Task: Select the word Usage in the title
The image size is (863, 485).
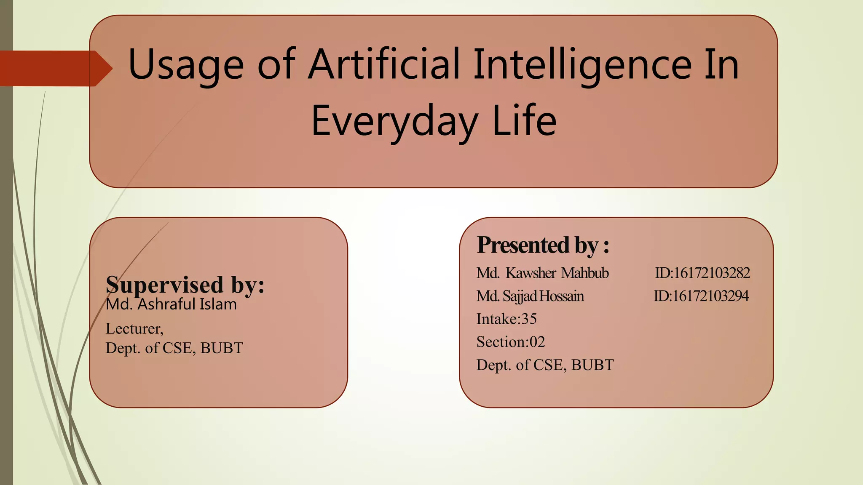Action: click(x=186, y=65)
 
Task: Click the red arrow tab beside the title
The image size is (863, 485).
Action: click(x=55, y=68)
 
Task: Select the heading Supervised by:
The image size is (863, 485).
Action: click(x=185, y=285)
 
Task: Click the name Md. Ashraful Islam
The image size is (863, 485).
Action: click(x=171, y=304)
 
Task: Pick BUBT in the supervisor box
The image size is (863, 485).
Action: click(x=222, y=348)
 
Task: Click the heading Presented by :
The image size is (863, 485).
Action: click(x=543, y=245)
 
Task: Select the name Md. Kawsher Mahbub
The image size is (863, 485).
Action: click(x=542, y=273)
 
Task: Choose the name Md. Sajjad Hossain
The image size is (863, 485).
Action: click(x=530, y=296)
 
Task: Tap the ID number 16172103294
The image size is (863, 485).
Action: click(x=710, y=296)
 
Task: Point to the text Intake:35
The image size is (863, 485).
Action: click(x=507, y=319)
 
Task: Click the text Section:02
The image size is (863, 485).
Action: click(x=511, y=342)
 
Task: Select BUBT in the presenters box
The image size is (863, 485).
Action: click(x=592, y=365)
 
